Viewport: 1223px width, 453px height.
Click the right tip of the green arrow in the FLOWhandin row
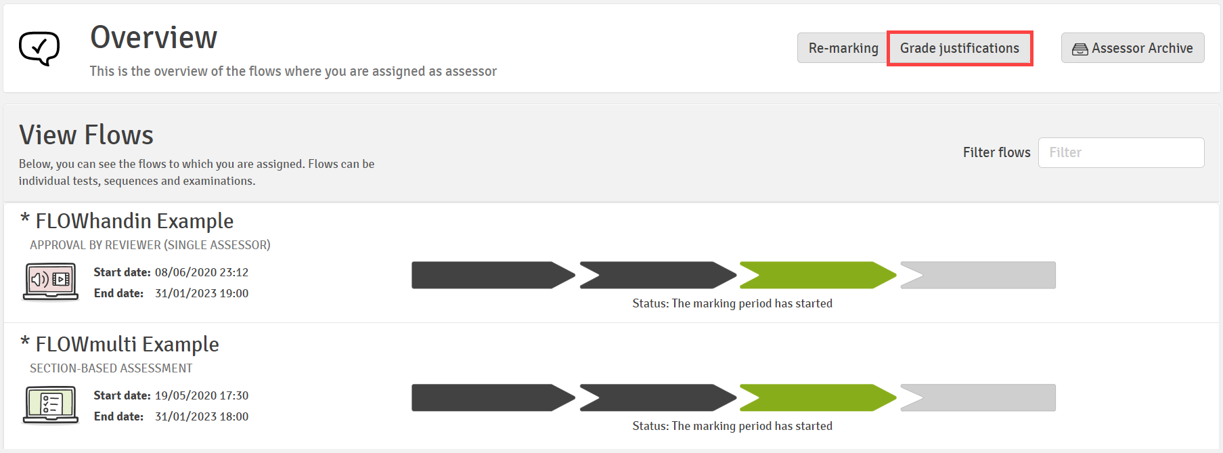[897, 275]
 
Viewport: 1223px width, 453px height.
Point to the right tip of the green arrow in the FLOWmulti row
[897, 397]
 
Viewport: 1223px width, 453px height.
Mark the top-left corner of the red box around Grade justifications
[887, 31]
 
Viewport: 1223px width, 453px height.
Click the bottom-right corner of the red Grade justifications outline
[1033, 66]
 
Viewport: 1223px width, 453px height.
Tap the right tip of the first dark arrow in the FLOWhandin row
[575, 275]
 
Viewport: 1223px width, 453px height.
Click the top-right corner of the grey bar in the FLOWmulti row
[1056, 384]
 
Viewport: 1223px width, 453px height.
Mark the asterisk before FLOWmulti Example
[25, 341]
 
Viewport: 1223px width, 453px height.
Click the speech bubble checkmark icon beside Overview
[39, 48]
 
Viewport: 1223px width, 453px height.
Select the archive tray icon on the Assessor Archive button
[1080, 49]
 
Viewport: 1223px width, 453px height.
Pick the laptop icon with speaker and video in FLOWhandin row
[51, 281]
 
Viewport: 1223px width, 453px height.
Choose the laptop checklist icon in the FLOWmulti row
[51, 404]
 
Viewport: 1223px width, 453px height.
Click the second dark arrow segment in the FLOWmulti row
[658, 397]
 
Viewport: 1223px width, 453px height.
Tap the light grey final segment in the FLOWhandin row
[978, 275]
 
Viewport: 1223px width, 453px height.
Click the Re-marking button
[843, 48]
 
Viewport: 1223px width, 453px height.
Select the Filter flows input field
[1121, 152]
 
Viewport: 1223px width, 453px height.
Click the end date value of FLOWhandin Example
[202, 293]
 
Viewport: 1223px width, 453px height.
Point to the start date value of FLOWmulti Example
[202, 395]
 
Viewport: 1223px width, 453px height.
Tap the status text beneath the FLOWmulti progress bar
[732, 426]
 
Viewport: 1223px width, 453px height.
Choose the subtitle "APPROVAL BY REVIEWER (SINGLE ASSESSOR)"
[150, 245]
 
